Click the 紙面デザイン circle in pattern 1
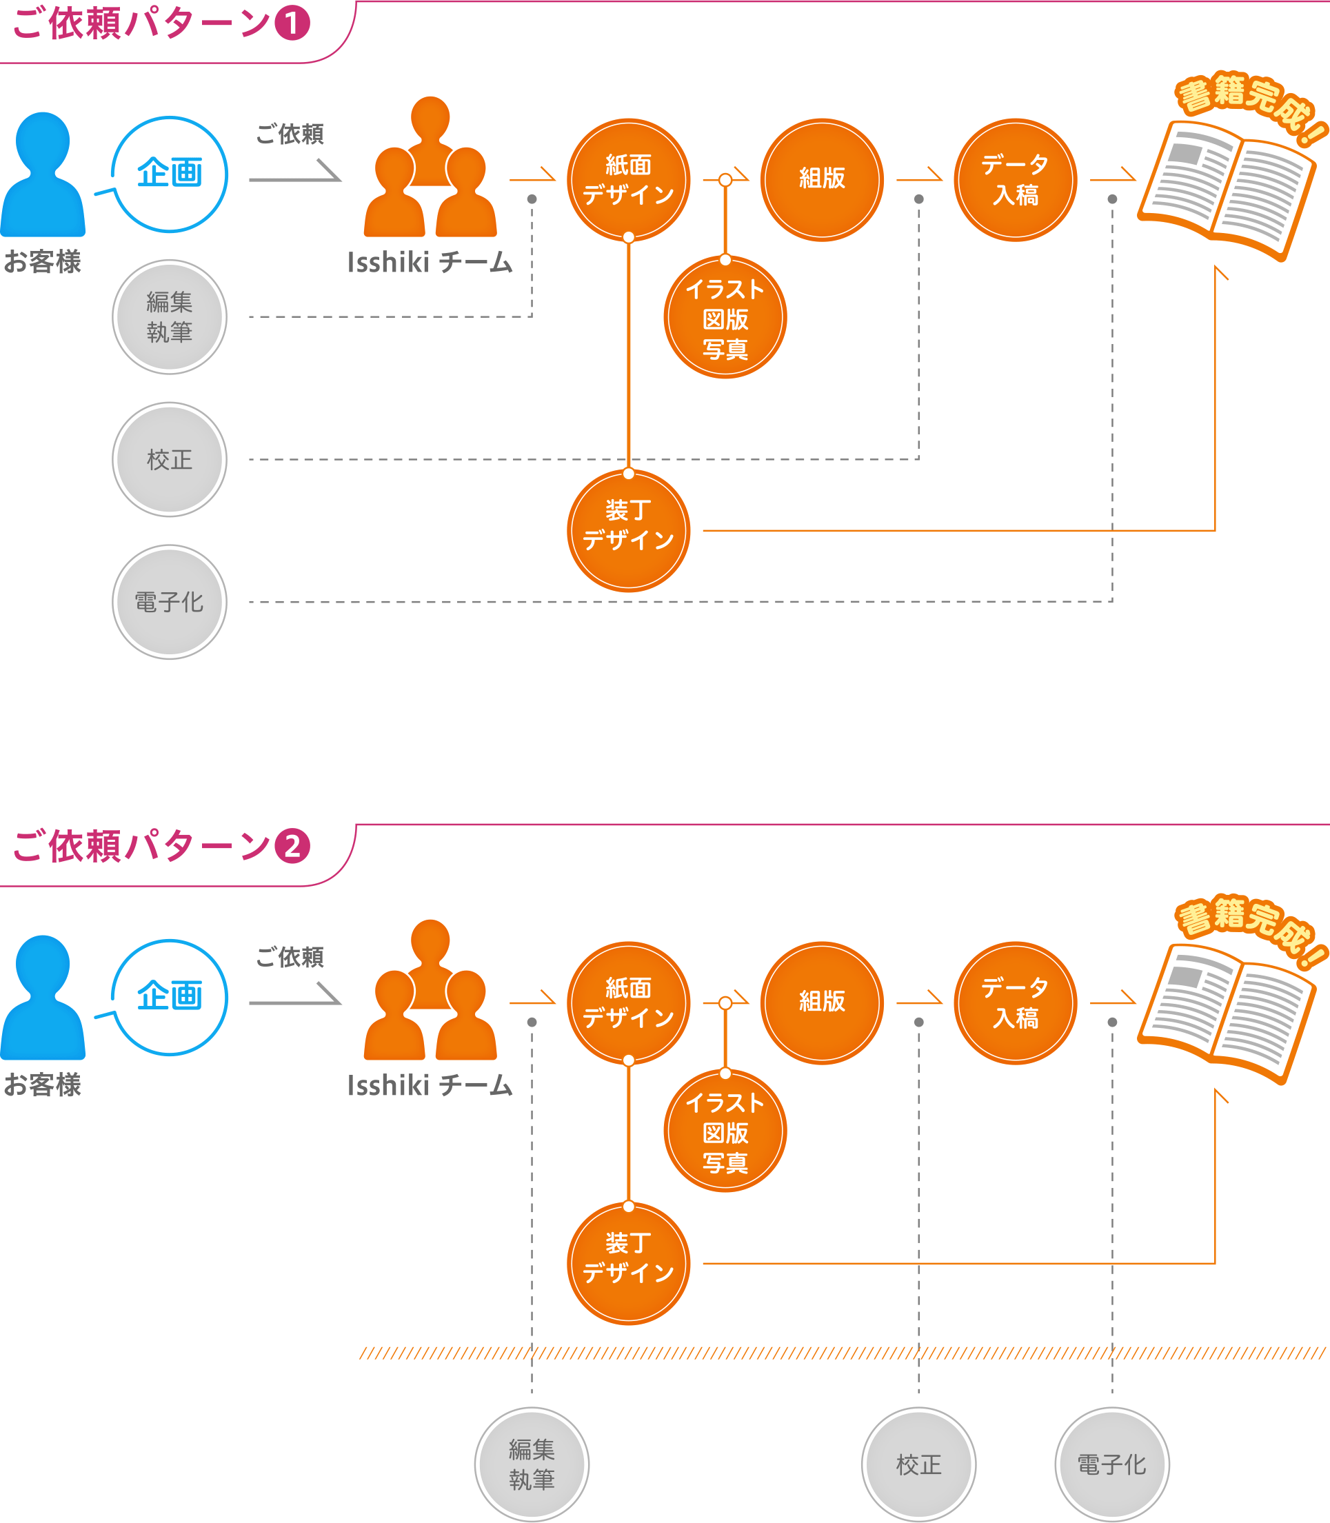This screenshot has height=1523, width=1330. (628, 180)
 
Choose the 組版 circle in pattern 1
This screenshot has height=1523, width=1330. (822, 180)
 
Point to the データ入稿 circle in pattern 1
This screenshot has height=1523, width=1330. (1015, 180)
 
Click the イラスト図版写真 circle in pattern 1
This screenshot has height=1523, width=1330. (725, 318)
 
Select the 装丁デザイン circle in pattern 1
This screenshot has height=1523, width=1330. (628, 531)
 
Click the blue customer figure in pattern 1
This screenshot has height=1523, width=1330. (42, 175)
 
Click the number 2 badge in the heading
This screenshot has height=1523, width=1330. (292, 846)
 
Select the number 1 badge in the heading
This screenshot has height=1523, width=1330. (292, 23)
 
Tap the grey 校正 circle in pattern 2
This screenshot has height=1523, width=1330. (918, 1464)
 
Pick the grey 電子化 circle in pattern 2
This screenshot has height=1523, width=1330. (1112, 1464)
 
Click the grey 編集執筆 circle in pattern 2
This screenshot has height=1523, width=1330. (532, 1464)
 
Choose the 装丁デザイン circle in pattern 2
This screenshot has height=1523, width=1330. (628, 1263)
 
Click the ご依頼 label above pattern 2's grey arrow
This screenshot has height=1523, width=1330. (290, 958)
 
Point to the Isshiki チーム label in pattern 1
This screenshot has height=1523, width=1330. (430, 262)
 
